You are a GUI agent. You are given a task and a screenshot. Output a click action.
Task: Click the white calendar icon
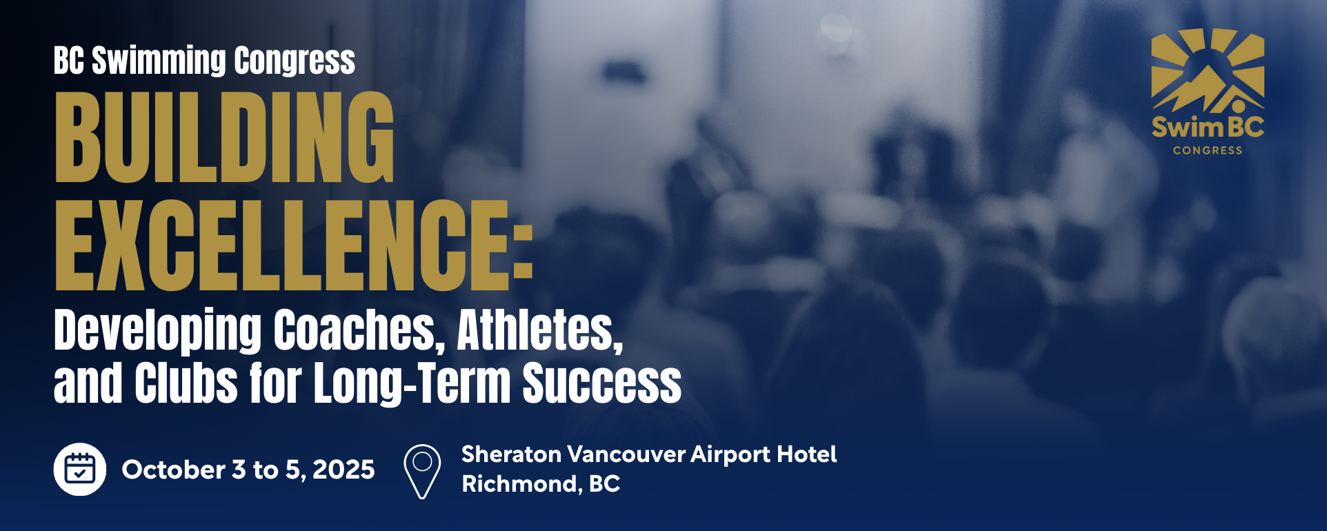(80, 469)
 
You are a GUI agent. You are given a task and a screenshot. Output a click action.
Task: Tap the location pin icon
(422, 472)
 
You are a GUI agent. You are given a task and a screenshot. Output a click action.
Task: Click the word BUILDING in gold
(225, 137)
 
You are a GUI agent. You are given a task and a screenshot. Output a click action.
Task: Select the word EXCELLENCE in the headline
(281, 245)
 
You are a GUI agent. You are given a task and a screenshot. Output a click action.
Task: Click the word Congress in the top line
(295, 61)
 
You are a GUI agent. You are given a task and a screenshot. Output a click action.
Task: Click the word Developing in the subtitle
(158, 331)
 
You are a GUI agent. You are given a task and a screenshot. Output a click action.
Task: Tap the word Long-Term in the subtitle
(412, 383)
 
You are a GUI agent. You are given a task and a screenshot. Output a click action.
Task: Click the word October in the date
(174, 470)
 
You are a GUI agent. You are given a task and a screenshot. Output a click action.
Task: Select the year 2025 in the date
(343, 470)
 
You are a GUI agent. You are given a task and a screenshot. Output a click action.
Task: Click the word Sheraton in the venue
(511, 454)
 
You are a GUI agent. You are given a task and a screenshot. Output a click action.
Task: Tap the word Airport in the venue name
(730, 455)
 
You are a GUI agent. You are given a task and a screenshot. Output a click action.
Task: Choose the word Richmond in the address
(519, 484)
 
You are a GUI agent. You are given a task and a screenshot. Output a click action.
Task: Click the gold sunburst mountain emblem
(1208, 70)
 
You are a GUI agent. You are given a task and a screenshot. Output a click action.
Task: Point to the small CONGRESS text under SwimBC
(1208, 150)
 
